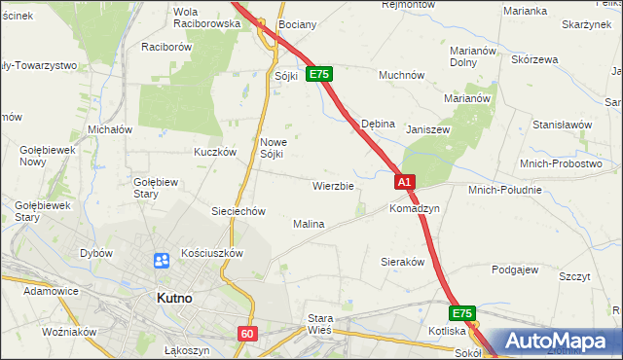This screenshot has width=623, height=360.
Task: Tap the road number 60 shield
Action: click(x=247, y=334)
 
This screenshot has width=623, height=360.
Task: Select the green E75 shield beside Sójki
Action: click(x=320, y=74)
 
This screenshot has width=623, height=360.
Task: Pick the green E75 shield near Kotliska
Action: click(x=462, y=314)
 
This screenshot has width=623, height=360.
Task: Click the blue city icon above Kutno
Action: click(x=162, y=261)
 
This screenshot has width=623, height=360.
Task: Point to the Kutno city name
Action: click(x=179, y=300)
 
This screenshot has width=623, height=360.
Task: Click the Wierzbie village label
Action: click(x=332, y=185)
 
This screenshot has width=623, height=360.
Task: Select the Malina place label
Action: click(x=309, y=224)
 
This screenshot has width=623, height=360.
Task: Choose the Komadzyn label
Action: click(x=415, y=209)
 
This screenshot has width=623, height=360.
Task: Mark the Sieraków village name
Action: click(x=402, y=263)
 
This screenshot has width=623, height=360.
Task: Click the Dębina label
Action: click(x=378, y=125)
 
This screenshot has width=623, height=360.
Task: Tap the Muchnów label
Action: click(x=401, y=74)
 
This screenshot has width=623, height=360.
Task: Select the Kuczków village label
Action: click(x=215, y=152)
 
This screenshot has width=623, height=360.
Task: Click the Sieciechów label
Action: click(x=238, y=211)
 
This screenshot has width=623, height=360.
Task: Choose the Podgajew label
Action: click(x=516, y=270)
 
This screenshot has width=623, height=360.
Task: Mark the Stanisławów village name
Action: click(x=562, y=125)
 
